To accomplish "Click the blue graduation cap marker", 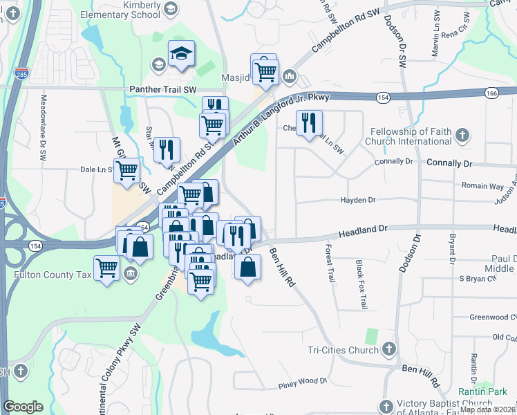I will (181, 55).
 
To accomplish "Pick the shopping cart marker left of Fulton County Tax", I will (107, 267).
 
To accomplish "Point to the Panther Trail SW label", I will (163, 90).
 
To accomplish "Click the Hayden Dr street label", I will (357, 201).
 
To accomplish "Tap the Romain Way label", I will (482, 186).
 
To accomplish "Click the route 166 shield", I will (491, 92).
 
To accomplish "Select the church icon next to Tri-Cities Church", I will (388, 349).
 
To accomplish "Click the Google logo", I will (23, 407).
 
